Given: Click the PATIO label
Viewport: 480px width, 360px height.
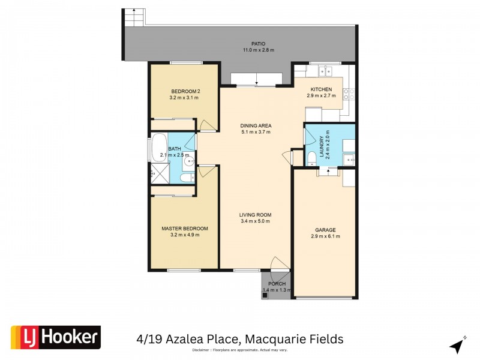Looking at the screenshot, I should pyautogui.click(x=259, y=44).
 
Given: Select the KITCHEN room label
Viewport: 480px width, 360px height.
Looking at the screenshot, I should pyautogui.click(x=321, y=89).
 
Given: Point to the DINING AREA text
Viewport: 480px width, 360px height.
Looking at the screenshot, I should pyautogui.click(x=256, y=126).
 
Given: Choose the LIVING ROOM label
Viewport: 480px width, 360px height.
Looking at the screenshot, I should pyautogui.click(x=256, y=215).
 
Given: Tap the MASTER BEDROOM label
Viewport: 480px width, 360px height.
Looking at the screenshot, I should pyautogui.click(x=184, y=229).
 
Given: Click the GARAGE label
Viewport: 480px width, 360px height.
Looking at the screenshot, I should pyautogui.click(x=325, y=230).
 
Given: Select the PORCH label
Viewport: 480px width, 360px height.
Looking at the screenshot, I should pyautogui.click(x=277, y=284).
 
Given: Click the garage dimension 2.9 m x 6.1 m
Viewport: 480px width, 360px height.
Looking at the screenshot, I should pyautogui.click(x=325, y=236).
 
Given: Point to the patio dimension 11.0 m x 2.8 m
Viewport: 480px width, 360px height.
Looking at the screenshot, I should pyautogui.click(x=259, y=50).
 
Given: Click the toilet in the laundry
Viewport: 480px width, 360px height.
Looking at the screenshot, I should pyautogui.click(x=311, y=158).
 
